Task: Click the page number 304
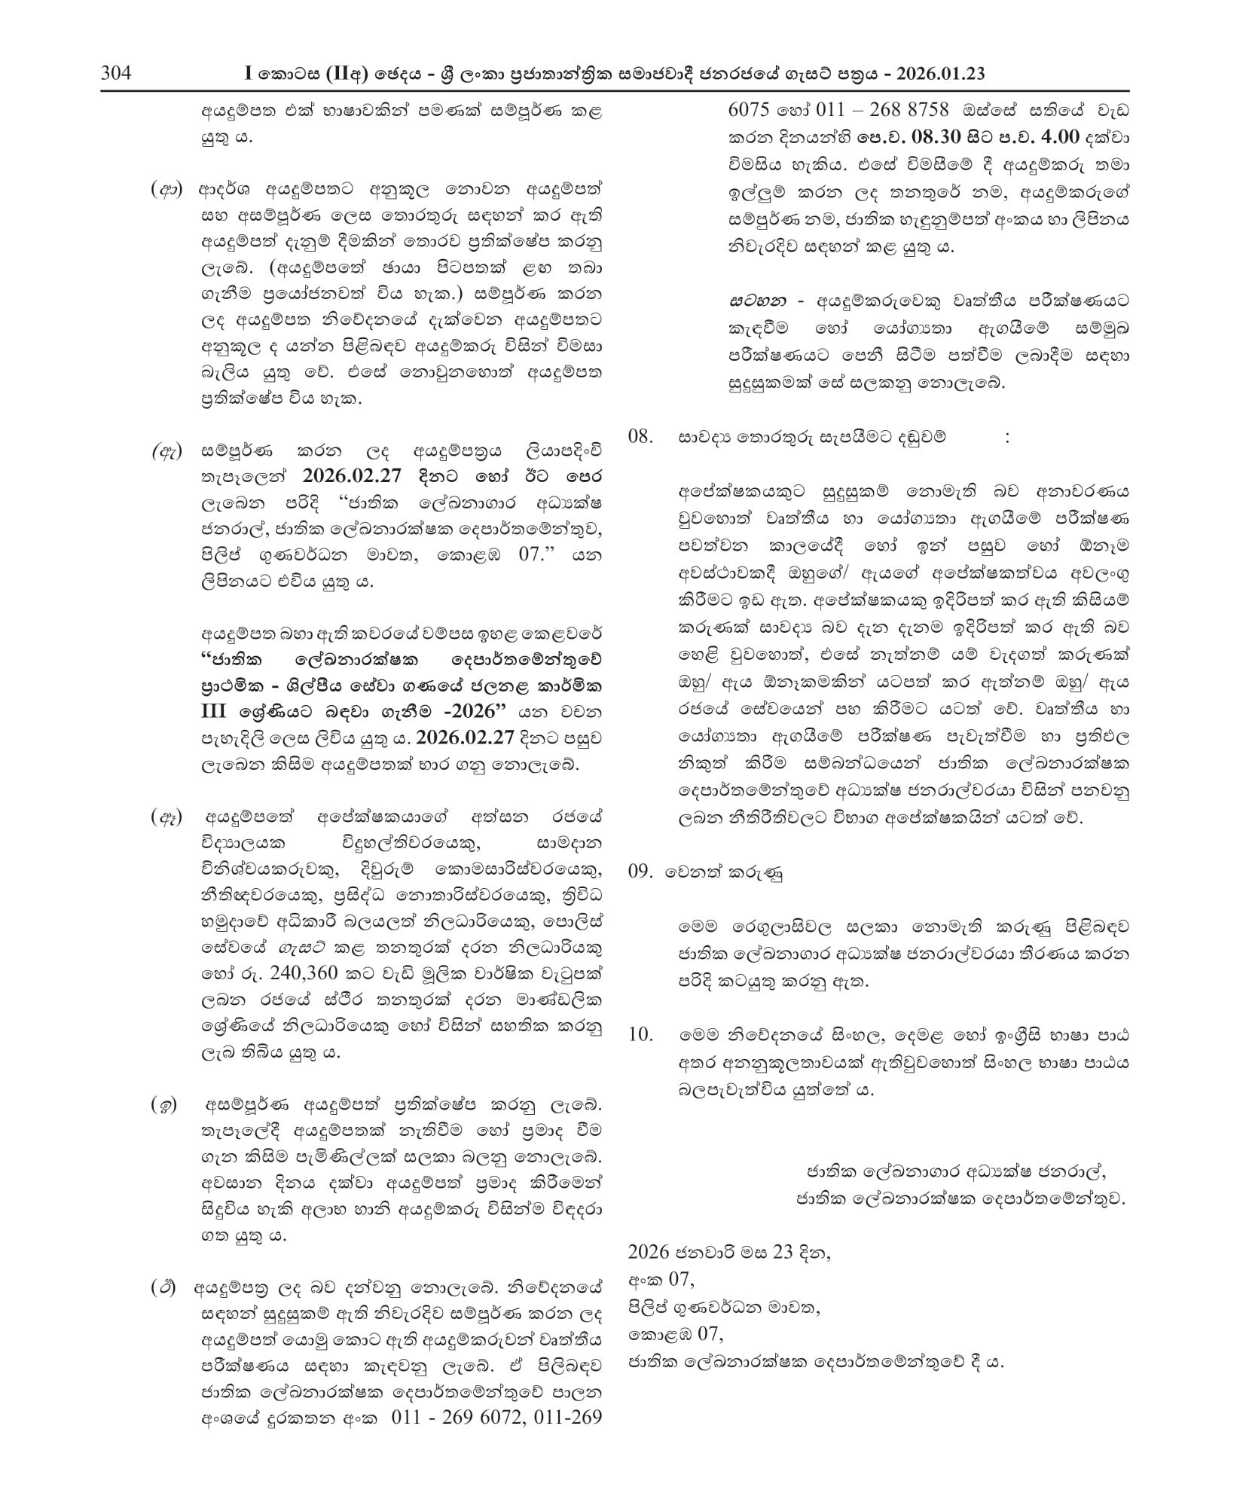(116, 74)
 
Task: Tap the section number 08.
(640, 437)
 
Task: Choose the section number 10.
(640, 1035)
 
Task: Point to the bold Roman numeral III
(217, 712)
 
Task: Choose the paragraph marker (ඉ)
(165, 1107)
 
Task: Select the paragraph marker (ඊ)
(163, 1288)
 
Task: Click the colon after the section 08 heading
(1007, 438)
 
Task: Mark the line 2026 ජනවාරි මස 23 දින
(729, 1252)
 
